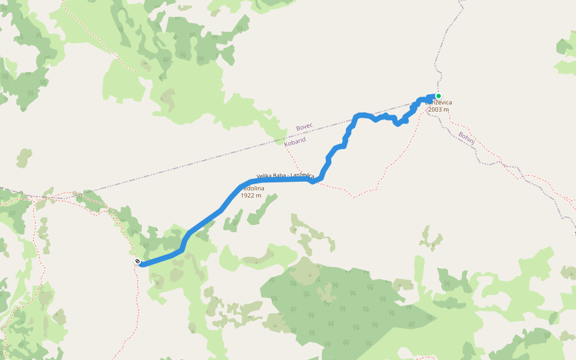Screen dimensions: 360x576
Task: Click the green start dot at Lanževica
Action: point(439,96)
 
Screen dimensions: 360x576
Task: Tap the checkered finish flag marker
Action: point(137,261)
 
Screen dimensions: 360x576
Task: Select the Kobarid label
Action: point(295,140)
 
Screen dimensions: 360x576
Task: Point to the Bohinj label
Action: point(466,137)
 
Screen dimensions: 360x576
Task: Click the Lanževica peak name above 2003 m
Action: point(439,103)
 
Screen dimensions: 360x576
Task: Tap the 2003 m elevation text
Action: point(439,110)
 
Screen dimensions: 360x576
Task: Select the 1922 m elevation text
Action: point(251,196)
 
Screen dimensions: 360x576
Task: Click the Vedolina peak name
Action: point(253,188)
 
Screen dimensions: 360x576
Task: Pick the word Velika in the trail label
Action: point(265,176)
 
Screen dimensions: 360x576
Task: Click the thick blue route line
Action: point(204,223)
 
